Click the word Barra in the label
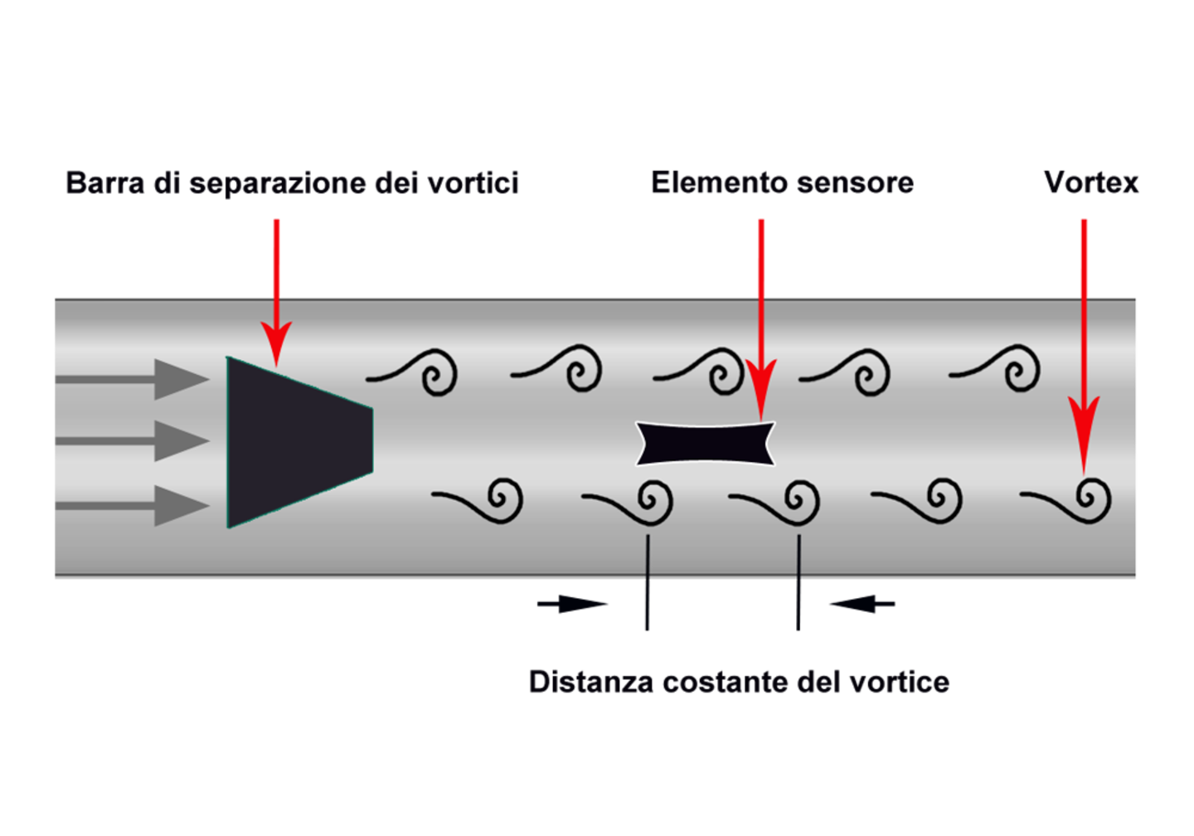(x=105, y=182)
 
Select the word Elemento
(x=717, y=182)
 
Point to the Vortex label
(x=1091, y=182)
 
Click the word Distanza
(x=590, y=682)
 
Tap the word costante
(x=726, y=683)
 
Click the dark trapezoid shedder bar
(x=299, y=442)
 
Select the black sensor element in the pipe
(x=705, y=444)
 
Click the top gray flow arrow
(x=132, y=379)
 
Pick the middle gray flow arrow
(x=132, y=441)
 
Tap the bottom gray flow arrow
(x=132, y=505)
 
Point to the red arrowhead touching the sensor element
(x=761, y=389)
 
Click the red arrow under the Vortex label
(x=1084, y=347)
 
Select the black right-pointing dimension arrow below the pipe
(x=572, y=604)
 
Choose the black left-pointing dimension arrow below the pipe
(x=862, y=604)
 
